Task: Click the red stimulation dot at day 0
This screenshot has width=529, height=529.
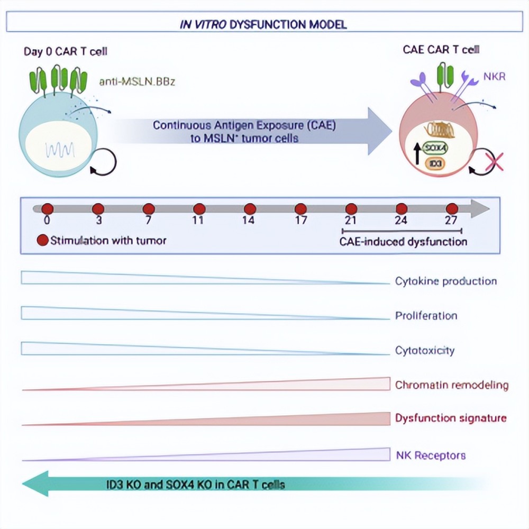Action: pos(48,209)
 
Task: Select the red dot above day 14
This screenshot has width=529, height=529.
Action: pos(250,209)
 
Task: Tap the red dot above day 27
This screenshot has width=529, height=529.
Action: pos(452,209)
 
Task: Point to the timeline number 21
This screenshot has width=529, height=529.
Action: pos(351,220)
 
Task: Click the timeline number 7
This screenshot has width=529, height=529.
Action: pos(149,220)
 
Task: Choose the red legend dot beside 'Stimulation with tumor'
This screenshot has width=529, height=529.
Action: pos(43,240)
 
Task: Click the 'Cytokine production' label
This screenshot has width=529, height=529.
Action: pos(445,281)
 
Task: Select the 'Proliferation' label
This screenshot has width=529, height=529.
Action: pos(426,316)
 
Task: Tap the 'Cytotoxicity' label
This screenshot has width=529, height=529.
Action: pos(425,351)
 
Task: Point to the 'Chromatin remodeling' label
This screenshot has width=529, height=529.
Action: pos(452,385)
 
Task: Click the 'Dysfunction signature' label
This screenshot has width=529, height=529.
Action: pos(451,418)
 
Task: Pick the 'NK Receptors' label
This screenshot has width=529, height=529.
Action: pos(431,455)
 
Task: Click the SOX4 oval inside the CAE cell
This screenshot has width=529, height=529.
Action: pos(435,148)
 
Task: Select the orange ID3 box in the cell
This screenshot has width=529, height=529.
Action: pos(435,164)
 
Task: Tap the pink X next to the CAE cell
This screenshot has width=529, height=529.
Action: pos(494,162)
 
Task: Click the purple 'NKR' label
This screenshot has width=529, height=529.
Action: pos(494,77)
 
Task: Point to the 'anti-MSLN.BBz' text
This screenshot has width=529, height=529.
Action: pos(137,81)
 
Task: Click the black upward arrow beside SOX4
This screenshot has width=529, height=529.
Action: pos(417,153)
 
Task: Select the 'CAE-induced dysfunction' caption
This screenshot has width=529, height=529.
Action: pos(403,242)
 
